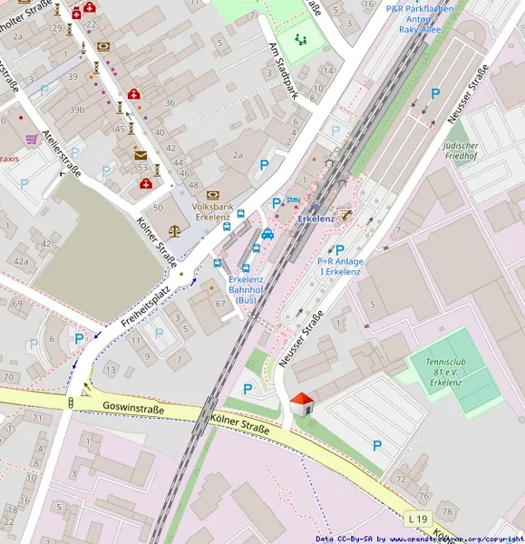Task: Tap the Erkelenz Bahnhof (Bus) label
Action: point(246,289)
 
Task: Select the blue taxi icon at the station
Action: point(267,234)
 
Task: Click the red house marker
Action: point(302,403)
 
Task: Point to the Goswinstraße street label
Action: point(133,409)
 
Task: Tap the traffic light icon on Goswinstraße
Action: point(71,402)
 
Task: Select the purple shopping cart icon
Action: point(32,139)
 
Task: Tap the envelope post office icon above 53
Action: point(140,155)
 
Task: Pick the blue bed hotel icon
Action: point(293,199)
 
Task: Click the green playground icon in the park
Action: point(300,39)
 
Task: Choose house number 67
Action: point(219,303)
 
